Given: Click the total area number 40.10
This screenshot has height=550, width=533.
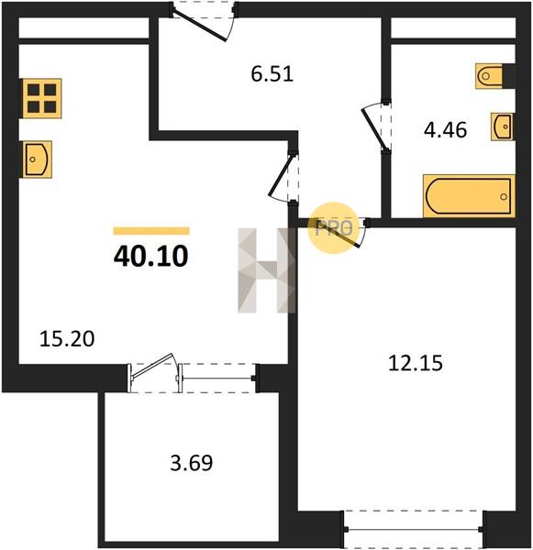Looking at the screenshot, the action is point(151,256).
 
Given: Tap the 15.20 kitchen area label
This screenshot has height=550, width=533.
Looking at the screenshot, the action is point(67,339).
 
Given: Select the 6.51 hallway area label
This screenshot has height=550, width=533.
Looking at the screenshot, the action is point(272,74).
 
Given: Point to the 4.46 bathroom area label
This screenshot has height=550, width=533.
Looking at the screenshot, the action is point(445,130).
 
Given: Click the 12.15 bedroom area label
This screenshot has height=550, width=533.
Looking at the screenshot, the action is point(416,363).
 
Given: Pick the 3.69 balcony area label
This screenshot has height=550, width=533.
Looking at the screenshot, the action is point(192,463).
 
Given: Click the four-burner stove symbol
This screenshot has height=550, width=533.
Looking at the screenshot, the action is point(42,98).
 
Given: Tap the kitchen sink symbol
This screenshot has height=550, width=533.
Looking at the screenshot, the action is point(38,159).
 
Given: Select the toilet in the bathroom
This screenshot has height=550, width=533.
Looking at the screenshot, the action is point(489,76).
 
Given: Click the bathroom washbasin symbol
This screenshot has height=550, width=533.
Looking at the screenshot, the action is point(502,126).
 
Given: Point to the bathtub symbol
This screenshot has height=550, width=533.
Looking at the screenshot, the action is point(469,196).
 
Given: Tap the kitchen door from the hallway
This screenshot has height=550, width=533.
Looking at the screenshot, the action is point(280,178).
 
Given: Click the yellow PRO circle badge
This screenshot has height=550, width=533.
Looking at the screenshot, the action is point(333,228).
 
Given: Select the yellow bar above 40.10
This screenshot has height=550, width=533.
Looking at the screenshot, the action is point(151,231).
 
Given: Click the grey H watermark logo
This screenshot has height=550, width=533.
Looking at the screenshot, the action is point(267,270).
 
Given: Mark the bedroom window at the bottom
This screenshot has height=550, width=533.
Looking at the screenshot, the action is point(413,529).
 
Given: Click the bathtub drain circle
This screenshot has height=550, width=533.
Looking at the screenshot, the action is point(505,196).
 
